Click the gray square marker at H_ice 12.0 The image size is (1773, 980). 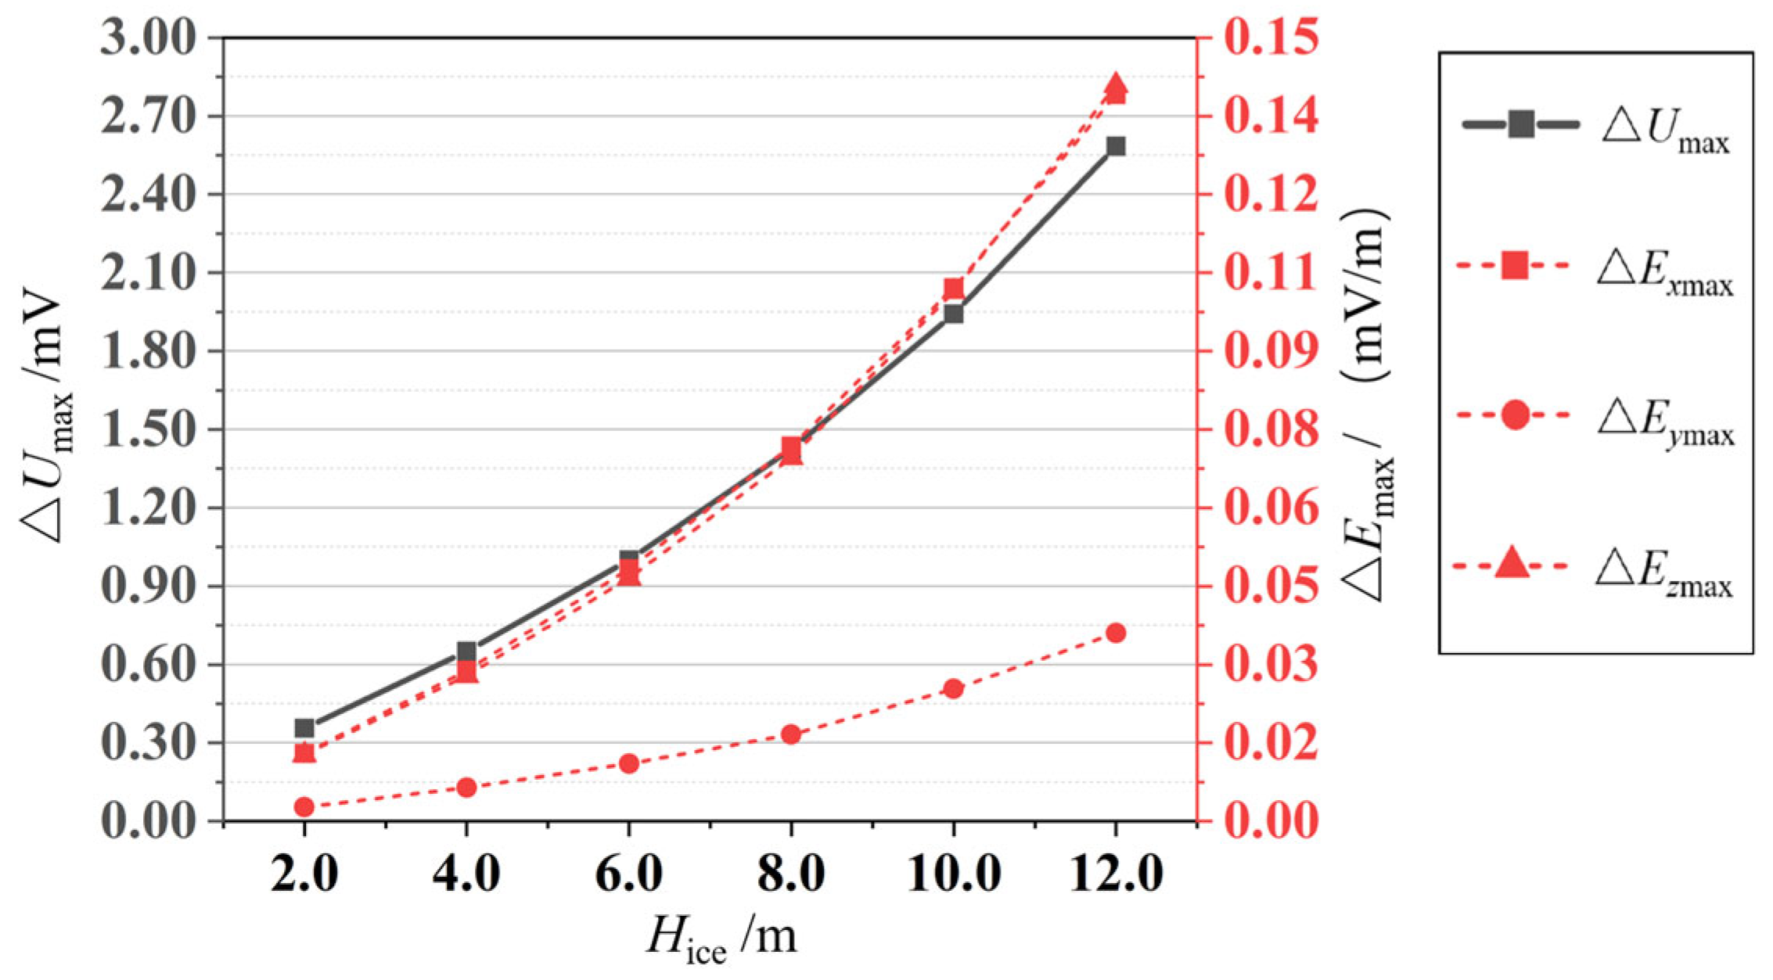[x=1116, y=146]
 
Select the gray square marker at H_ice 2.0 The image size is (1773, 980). [x=304, y=729]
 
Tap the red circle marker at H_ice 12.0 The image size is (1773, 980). [x=1116, y=633]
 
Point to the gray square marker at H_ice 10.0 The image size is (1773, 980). [x=953, y=314]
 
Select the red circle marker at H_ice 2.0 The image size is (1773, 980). [x=304, y=807]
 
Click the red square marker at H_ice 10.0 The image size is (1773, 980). [x=953, y=288]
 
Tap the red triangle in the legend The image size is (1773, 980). [x=1512, y=563]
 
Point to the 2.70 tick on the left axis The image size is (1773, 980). [x=148, y=117]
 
